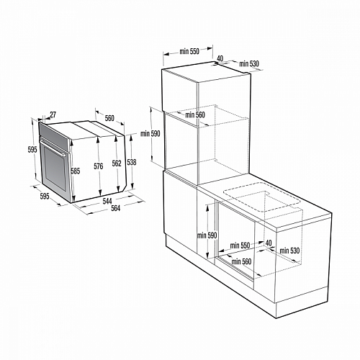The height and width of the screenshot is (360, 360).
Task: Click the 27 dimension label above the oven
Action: click(53, 114)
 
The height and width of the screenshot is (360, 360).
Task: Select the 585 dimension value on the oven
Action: click(75, 171)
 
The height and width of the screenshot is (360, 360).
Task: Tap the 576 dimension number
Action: click(99, 168)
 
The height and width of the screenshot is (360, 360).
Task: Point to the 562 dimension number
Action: click(116, 164)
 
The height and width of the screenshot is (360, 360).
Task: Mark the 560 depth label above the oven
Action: click(109, 118)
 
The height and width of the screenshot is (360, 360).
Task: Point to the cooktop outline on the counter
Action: click(258, 202)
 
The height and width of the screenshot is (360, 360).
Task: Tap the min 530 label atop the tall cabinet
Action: click(248, 65)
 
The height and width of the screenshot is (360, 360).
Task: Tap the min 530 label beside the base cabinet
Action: click(290, 251)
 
